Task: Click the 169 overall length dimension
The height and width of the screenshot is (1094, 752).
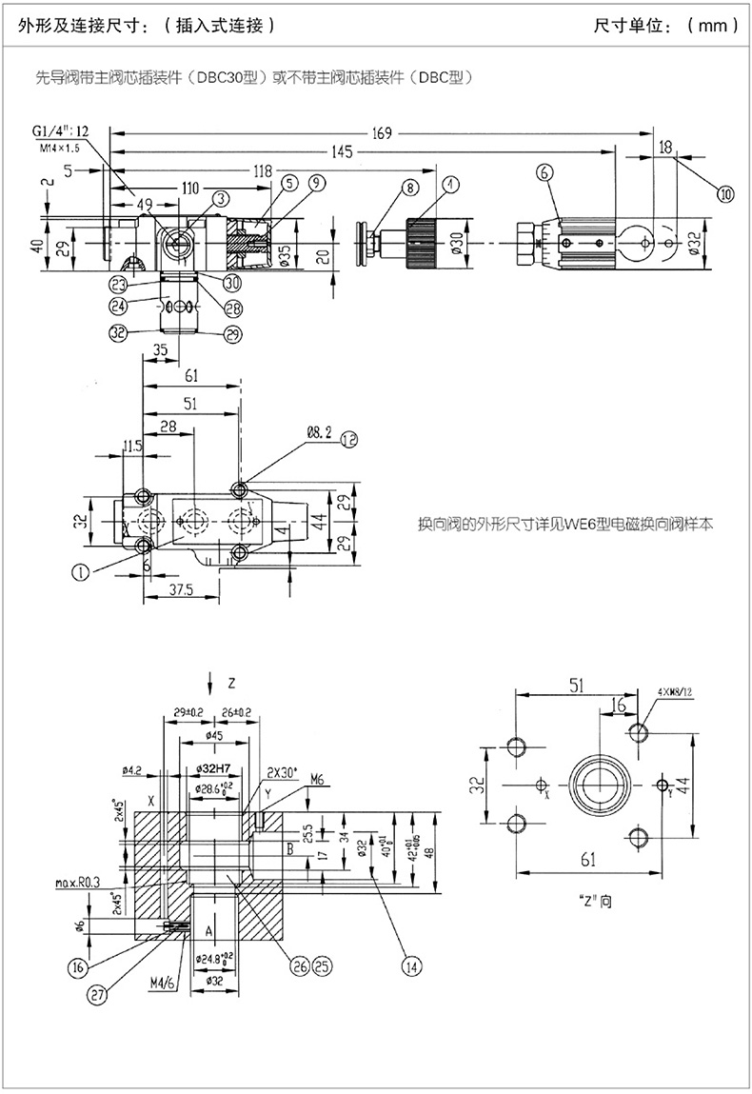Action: (382, 134)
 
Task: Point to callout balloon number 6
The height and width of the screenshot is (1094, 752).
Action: (544, 172)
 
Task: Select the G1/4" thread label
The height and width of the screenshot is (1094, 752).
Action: (60, 131)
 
